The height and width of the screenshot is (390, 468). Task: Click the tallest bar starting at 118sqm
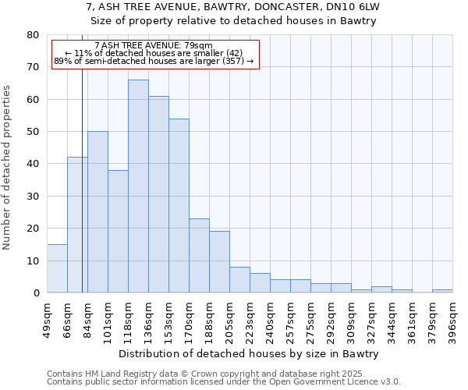click(138, 186)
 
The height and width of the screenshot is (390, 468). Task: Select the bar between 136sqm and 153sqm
click(158, 194)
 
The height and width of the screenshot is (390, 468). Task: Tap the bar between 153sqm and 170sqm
click(179, 206)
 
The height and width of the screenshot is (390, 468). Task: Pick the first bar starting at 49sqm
click(57, 268)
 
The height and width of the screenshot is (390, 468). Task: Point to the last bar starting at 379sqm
click(442, 291)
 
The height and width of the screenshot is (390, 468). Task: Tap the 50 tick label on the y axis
click(32, 132)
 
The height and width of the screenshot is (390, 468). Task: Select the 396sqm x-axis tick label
click(452, 317)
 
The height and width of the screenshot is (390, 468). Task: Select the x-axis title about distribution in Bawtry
click(250, 353)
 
